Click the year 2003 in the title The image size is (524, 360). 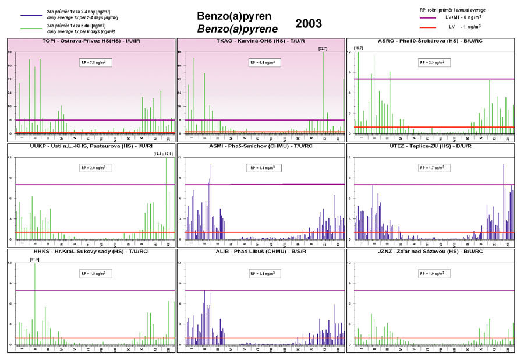coord(308,23)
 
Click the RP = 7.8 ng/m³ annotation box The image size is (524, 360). coord(95,62)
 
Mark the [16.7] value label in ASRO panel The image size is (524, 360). coord(359,48)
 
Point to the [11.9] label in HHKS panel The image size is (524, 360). coord(36,259)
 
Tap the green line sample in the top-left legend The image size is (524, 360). coord(31,27)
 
